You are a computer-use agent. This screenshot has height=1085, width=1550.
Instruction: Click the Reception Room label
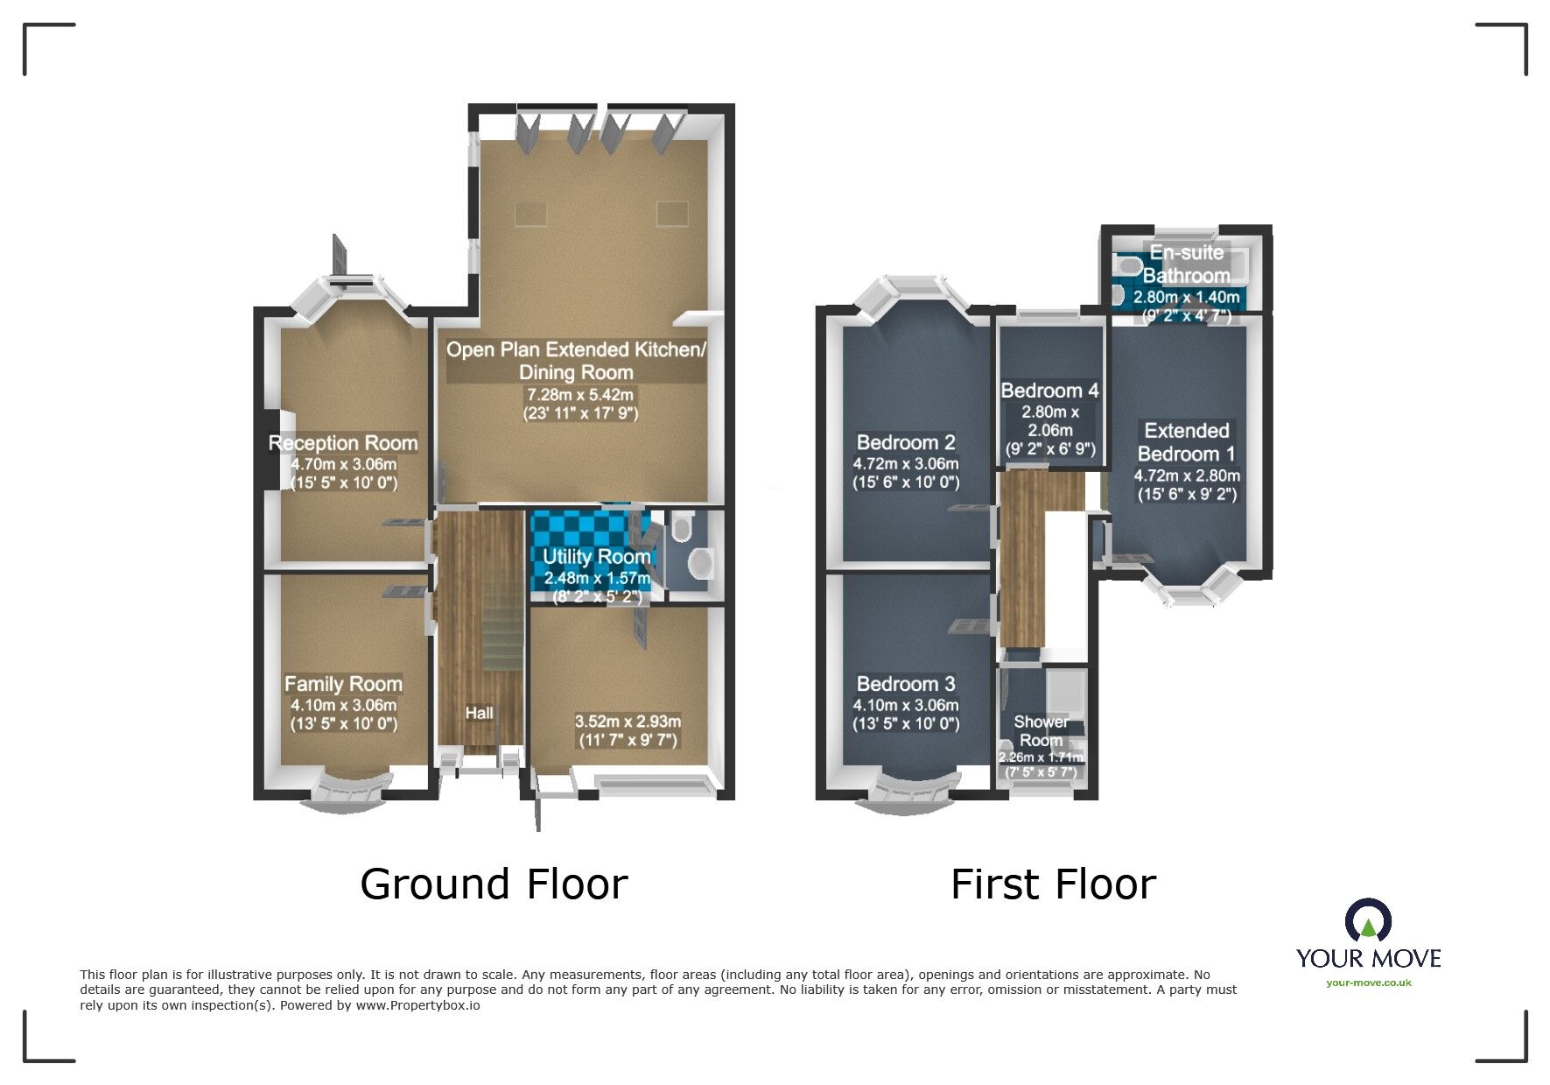coord(343,443)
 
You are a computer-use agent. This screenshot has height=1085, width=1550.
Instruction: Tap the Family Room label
coord(343,684)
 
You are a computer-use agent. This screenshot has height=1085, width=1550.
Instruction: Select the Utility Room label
coord(596,557)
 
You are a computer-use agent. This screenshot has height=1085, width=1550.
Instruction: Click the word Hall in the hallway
coord(479,713)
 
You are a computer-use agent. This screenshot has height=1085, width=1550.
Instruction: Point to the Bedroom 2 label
coord(906,443)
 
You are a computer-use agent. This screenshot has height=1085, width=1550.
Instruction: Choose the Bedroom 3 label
coord(906,684)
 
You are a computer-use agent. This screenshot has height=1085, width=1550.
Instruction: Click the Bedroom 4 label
coord(1049,391)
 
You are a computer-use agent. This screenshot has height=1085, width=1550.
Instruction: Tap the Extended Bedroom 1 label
coord(1187,442)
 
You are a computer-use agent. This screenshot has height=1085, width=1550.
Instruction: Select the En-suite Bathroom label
coord(1187,264)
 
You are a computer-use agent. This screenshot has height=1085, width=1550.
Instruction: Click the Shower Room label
coord(1041,731)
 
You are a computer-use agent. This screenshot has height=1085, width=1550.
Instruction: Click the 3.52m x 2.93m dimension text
coord(628,722)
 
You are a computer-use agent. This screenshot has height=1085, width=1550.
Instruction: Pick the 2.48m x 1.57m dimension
coord(597,578)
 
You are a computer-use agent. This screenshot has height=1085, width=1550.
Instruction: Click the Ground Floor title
coord(494,884)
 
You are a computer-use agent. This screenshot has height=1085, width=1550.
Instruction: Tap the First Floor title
coord(1053,884)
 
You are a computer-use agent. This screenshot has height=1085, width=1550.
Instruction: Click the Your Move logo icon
coord(1368,921)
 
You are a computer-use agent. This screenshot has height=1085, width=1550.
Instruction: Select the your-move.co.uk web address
coord(1369,983)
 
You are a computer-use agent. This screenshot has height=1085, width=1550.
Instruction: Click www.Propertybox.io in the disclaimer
coord(417,1005)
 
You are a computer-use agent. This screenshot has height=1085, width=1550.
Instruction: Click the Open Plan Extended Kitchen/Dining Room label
coord(576,361)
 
